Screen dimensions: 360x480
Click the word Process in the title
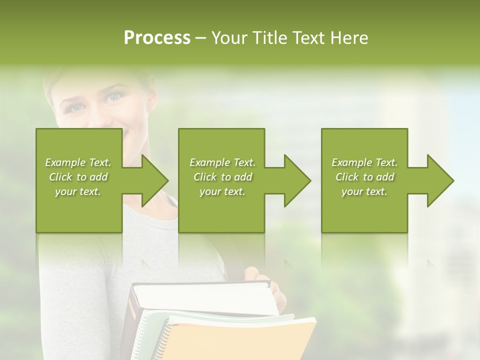[x=157, y=38]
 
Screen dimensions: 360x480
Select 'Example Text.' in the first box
[x=78, y=162]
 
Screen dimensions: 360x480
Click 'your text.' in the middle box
[x=222, y=191]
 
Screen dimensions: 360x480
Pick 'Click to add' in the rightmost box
[x=364, y=177]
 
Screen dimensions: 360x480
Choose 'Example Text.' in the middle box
[x=222, y=162]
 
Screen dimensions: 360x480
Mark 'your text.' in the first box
[x=78, y=191]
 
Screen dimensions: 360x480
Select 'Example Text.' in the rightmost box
[x=364, y=162]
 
